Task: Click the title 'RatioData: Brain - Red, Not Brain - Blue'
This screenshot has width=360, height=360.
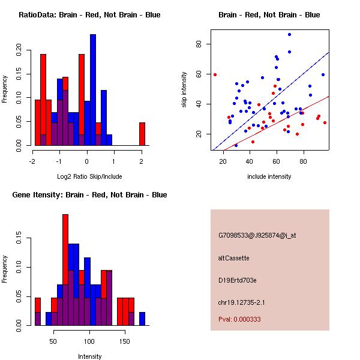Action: click(89, 14)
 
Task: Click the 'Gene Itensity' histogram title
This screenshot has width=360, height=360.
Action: click(89, 195)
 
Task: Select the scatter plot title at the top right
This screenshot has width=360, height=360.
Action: click(269, 14)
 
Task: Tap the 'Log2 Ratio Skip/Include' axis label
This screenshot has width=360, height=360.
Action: click(89, 176)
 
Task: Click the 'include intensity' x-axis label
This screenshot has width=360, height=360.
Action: click(269, 176)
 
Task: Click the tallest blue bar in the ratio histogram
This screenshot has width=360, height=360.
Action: click(93, 90)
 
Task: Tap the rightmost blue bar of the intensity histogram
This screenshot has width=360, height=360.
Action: click(142, 319)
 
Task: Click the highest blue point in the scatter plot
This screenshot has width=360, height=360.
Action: click(289, 35)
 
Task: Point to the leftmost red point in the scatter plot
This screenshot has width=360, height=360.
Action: click(215, 74)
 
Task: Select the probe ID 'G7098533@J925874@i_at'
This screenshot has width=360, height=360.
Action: click(257, 235)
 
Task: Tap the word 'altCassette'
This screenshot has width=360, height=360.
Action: click(233, 258)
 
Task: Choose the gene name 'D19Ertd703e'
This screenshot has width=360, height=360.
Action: click(237, 280)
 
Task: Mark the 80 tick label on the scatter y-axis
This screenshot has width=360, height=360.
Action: click(198, 44)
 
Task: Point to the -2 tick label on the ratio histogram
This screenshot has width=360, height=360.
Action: click(32, 161)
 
